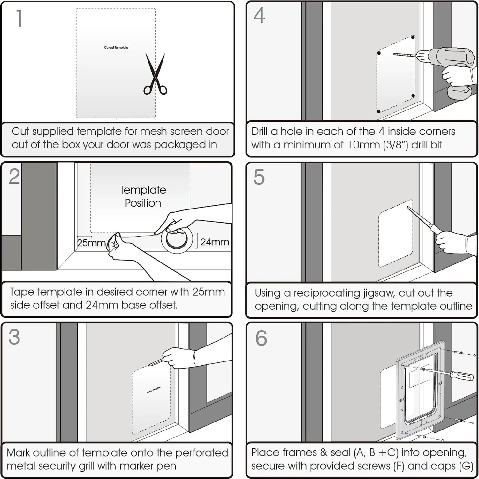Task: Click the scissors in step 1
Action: pyautogui.click(x=155, y=75)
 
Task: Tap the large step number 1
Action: pyautogui.click(x=19, y=18)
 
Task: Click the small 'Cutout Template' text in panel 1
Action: pyautogui.click(x=116, y=47)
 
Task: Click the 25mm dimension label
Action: pyautogui.click(x=91, y=243)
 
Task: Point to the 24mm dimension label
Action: pyautogui.click(x=215, y=242)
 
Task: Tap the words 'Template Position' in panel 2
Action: pyautogui.click(x=143, y=196)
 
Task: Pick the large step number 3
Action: pyautogui.click(x=14, y=337)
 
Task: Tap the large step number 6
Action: pyautogui.click(x=261, y=338)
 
